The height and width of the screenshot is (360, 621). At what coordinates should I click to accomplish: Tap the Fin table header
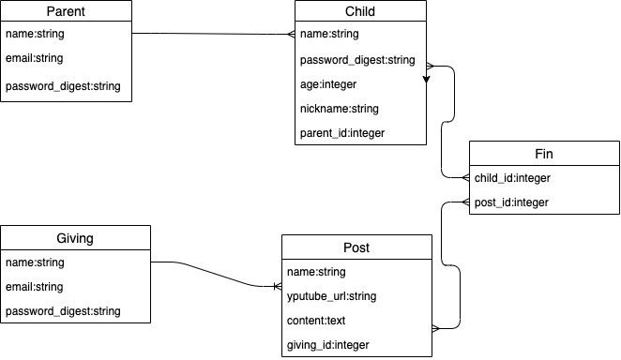[544, 154]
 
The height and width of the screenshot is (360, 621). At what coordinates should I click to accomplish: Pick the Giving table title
[75, 238]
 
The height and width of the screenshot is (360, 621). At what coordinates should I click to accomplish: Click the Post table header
[356, 247]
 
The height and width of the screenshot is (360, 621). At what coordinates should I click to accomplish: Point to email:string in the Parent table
[35, 59]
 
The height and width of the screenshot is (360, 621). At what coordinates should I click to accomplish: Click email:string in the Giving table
[35, 287]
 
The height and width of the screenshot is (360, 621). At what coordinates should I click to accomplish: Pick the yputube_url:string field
[331, 296]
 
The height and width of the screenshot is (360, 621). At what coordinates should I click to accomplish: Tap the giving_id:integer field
[328, 345]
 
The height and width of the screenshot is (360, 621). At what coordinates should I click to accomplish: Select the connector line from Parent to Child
[216, 34]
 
